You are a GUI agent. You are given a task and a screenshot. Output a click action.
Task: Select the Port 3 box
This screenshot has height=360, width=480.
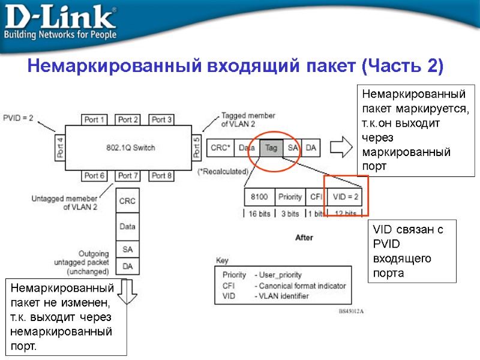click(161, 119)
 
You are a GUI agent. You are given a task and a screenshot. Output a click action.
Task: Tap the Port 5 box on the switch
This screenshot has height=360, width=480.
click(197, 147)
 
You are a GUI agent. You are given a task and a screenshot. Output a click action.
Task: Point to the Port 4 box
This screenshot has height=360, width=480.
click(59, 147)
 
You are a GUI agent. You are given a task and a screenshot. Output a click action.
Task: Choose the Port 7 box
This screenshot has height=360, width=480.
click(128, 176)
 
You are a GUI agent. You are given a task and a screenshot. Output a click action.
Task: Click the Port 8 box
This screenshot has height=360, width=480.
click(161, 176)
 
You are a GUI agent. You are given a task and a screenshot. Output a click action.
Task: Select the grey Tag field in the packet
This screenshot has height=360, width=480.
click(271, 147)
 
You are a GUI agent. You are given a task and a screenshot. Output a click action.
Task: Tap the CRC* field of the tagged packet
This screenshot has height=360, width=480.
click(220, 147)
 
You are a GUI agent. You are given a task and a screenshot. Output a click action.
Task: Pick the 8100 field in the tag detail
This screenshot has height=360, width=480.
click(259, 197)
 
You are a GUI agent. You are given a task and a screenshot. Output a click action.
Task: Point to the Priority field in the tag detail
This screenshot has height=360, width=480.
click(290, 197)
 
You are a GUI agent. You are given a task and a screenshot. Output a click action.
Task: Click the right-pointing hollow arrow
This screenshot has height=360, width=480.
click(341, 147)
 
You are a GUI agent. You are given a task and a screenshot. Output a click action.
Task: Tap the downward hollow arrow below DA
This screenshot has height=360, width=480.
click(127, 288)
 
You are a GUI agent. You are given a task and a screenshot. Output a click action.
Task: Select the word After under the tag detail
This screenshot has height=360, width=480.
click(304, 238)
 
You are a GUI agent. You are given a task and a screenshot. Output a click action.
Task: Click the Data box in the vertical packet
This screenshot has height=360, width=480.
click(127, 227)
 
